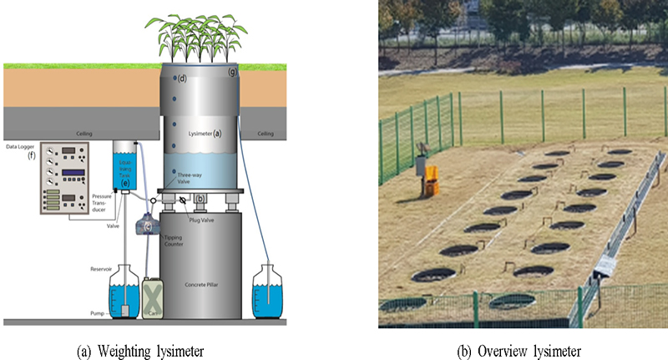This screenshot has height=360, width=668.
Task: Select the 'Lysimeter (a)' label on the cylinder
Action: [x=205, y=133]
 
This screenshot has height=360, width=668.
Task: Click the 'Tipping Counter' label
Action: [x=175, y=242]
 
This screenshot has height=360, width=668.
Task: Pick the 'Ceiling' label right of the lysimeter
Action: [x=266, y=134]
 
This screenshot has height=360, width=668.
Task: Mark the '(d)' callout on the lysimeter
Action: [x=181, y=79]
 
